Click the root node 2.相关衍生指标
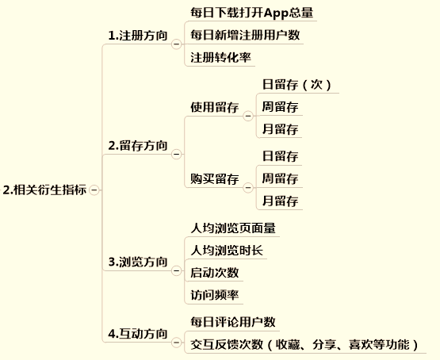tap(44, 190)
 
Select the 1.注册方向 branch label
tap(138, 36)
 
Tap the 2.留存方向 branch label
tap(138, 146)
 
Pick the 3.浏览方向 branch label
tap(138, 262)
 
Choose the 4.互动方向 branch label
tap(138, 334)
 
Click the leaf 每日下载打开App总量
tap(251, 13)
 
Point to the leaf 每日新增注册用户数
tap(245, 35)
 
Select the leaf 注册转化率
tap(220, 58)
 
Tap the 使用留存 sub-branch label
tap(215, 108)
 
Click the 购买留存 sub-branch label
tap(215, 179)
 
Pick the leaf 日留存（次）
tap(297, 85)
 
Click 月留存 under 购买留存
tap(280, 201)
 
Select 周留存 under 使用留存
tap(280, 107)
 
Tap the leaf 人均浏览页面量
tap(233, 228)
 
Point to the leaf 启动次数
tap(215, 273)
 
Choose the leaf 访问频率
tap(215, 295)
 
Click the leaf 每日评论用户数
tap(233, 322)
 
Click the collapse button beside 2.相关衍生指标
tap(94, 190)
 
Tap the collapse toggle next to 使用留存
tap(248, 116)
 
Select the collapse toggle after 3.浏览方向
tap(176, 270)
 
